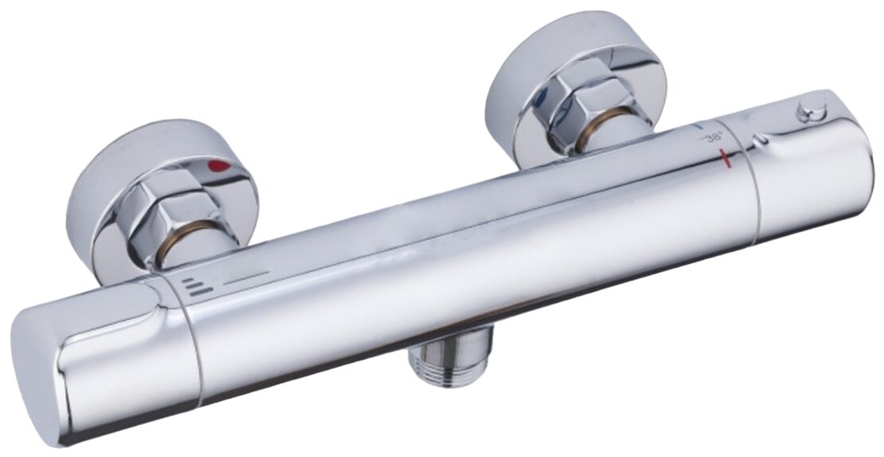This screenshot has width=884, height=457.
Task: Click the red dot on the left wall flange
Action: [219, 166]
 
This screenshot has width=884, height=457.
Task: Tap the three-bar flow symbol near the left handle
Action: [198, 286]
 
